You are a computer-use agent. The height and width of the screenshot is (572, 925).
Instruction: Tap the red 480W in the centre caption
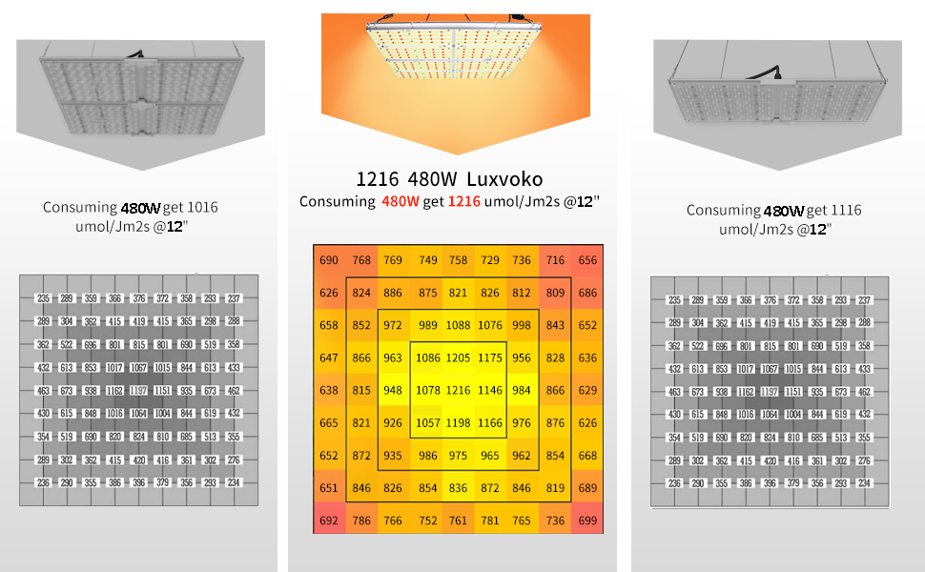pos(399,201)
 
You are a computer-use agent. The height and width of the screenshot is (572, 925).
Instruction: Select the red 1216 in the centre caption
pos(464,201)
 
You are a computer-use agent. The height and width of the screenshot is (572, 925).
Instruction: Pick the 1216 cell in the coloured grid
pos(459,391)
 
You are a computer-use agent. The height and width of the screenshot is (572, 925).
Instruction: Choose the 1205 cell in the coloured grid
pos(459,358)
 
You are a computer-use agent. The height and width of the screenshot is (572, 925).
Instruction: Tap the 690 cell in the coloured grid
pos(329,260)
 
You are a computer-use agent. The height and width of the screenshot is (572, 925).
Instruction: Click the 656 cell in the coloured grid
pos(587,260)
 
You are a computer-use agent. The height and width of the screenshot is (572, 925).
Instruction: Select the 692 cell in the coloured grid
pos(329,521)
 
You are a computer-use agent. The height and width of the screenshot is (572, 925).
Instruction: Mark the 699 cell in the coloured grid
pos(587,521)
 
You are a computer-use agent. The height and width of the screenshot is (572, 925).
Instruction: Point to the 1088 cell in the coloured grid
pos(459,326)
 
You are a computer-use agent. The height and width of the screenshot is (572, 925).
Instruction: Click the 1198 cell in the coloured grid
pos(459,423)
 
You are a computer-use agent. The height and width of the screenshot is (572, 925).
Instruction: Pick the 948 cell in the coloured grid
pos(393,391)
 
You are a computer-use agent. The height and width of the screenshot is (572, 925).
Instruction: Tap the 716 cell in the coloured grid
pos(555,260)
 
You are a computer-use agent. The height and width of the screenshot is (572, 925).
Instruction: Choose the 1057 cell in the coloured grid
pos(427,423)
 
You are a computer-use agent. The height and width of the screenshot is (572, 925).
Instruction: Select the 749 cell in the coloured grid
pos(428,260)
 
